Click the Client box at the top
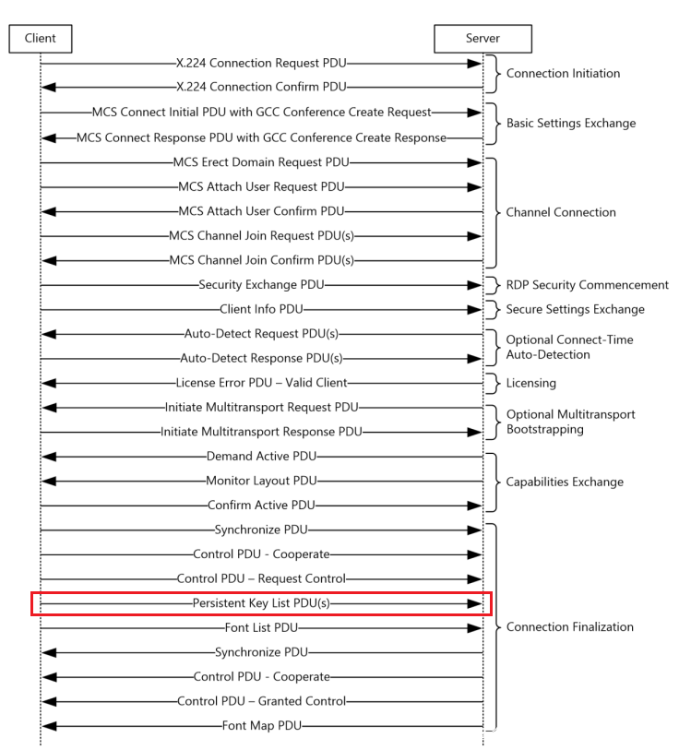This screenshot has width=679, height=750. tap(40, 38)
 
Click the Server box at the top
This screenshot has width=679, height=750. tap(482, 38)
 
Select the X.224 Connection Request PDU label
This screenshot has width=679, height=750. tap(261, 65)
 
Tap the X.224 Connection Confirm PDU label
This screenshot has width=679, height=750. tap(261, 87)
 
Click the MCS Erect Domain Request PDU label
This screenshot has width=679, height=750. tap(261, 162)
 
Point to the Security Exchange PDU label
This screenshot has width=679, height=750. tap(261, 286)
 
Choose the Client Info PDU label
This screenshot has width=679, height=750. tap(261, 309)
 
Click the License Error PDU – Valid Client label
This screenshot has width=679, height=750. tap(261, 382)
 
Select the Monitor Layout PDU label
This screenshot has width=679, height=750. tap(261, 481)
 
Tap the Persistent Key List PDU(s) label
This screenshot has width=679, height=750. tap(261, 603)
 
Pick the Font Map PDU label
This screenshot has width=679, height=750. tap(261, 726)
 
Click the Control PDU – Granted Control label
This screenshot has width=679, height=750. tap(261, 701)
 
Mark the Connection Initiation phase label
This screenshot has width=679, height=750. tap(563, 74)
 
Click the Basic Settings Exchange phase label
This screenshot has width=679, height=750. tap(570, 123)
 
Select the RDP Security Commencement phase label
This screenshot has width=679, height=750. tap(588, 285)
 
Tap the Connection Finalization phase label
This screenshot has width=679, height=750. tap(569, 627)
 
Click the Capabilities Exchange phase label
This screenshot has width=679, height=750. tap(565, 482)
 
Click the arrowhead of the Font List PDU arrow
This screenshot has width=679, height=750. tap(475, 627)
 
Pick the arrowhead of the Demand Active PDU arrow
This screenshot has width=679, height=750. tap(49, 457)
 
